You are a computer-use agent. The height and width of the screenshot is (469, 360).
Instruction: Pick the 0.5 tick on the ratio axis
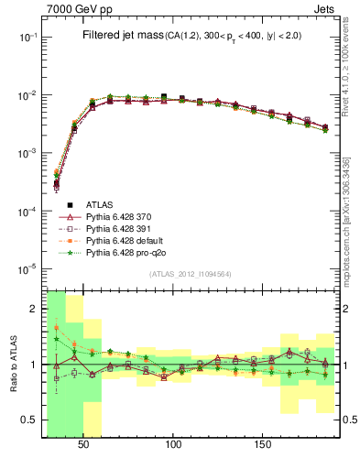tap(30, 420)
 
